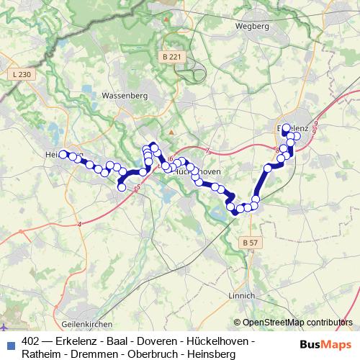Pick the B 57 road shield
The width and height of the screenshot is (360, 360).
(x=250, y=243)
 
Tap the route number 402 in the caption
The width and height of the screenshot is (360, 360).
(x=31, y=341)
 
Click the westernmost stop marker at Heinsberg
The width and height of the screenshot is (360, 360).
(x=63, y=153)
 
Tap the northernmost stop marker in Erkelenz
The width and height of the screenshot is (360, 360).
(x=286, y=127)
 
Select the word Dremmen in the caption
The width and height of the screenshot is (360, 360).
(x=94, y=354)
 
